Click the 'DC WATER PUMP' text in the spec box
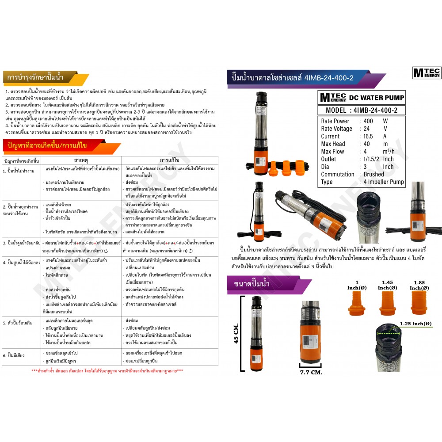(376, 98)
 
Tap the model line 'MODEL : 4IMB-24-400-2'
(361, 110)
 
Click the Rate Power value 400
(368, 121)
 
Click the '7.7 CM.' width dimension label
(311, 372)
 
